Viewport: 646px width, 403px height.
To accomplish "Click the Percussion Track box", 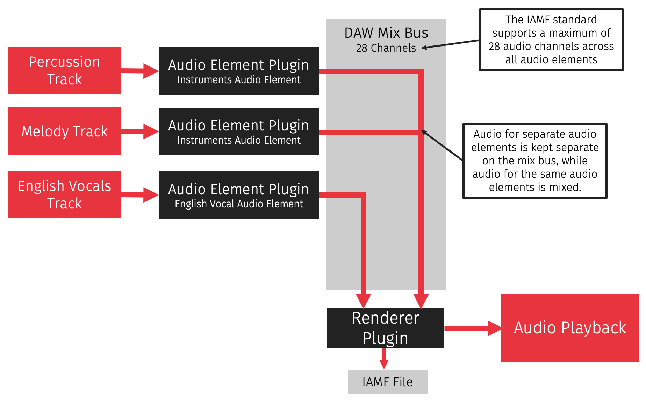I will tap(64, 71).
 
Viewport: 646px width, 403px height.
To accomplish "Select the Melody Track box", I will tap(64, 131).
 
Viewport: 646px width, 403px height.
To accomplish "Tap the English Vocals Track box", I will tap(64, 195).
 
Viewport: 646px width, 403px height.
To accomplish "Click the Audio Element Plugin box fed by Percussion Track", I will tap(239, 71).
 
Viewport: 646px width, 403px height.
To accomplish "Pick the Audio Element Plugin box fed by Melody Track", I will tap(239, 132).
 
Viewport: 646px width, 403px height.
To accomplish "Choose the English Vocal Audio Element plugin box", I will tap(239, 195).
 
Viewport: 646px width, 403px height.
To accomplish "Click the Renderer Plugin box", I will tap(385, 328).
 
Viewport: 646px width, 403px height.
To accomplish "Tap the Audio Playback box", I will tap(570, 328).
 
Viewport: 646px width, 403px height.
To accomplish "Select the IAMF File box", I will tap(387, 382).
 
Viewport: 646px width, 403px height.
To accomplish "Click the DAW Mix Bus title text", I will tap(386, 33).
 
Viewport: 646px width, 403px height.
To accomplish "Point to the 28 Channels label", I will tap(386, 48).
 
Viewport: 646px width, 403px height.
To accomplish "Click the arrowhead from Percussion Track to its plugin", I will tap(151, 71).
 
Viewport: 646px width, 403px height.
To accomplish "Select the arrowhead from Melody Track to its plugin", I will tap(151, 132).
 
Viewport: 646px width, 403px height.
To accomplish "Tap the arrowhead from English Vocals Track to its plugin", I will tap(151, 195).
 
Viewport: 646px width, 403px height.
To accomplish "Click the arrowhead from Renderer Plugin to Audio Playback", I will tap(494, 328).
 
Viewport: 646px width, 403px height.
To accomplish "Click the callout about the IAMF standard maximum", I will tap(551, 40).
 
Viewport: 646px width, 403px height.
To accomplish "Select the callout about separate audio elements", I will tap(534, 161).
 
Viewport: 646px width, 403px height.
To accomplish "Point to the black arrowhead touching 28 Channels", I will tap(425, 48).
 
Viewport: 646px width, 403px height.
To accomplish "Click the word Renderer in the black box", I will tap(385, 318).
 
